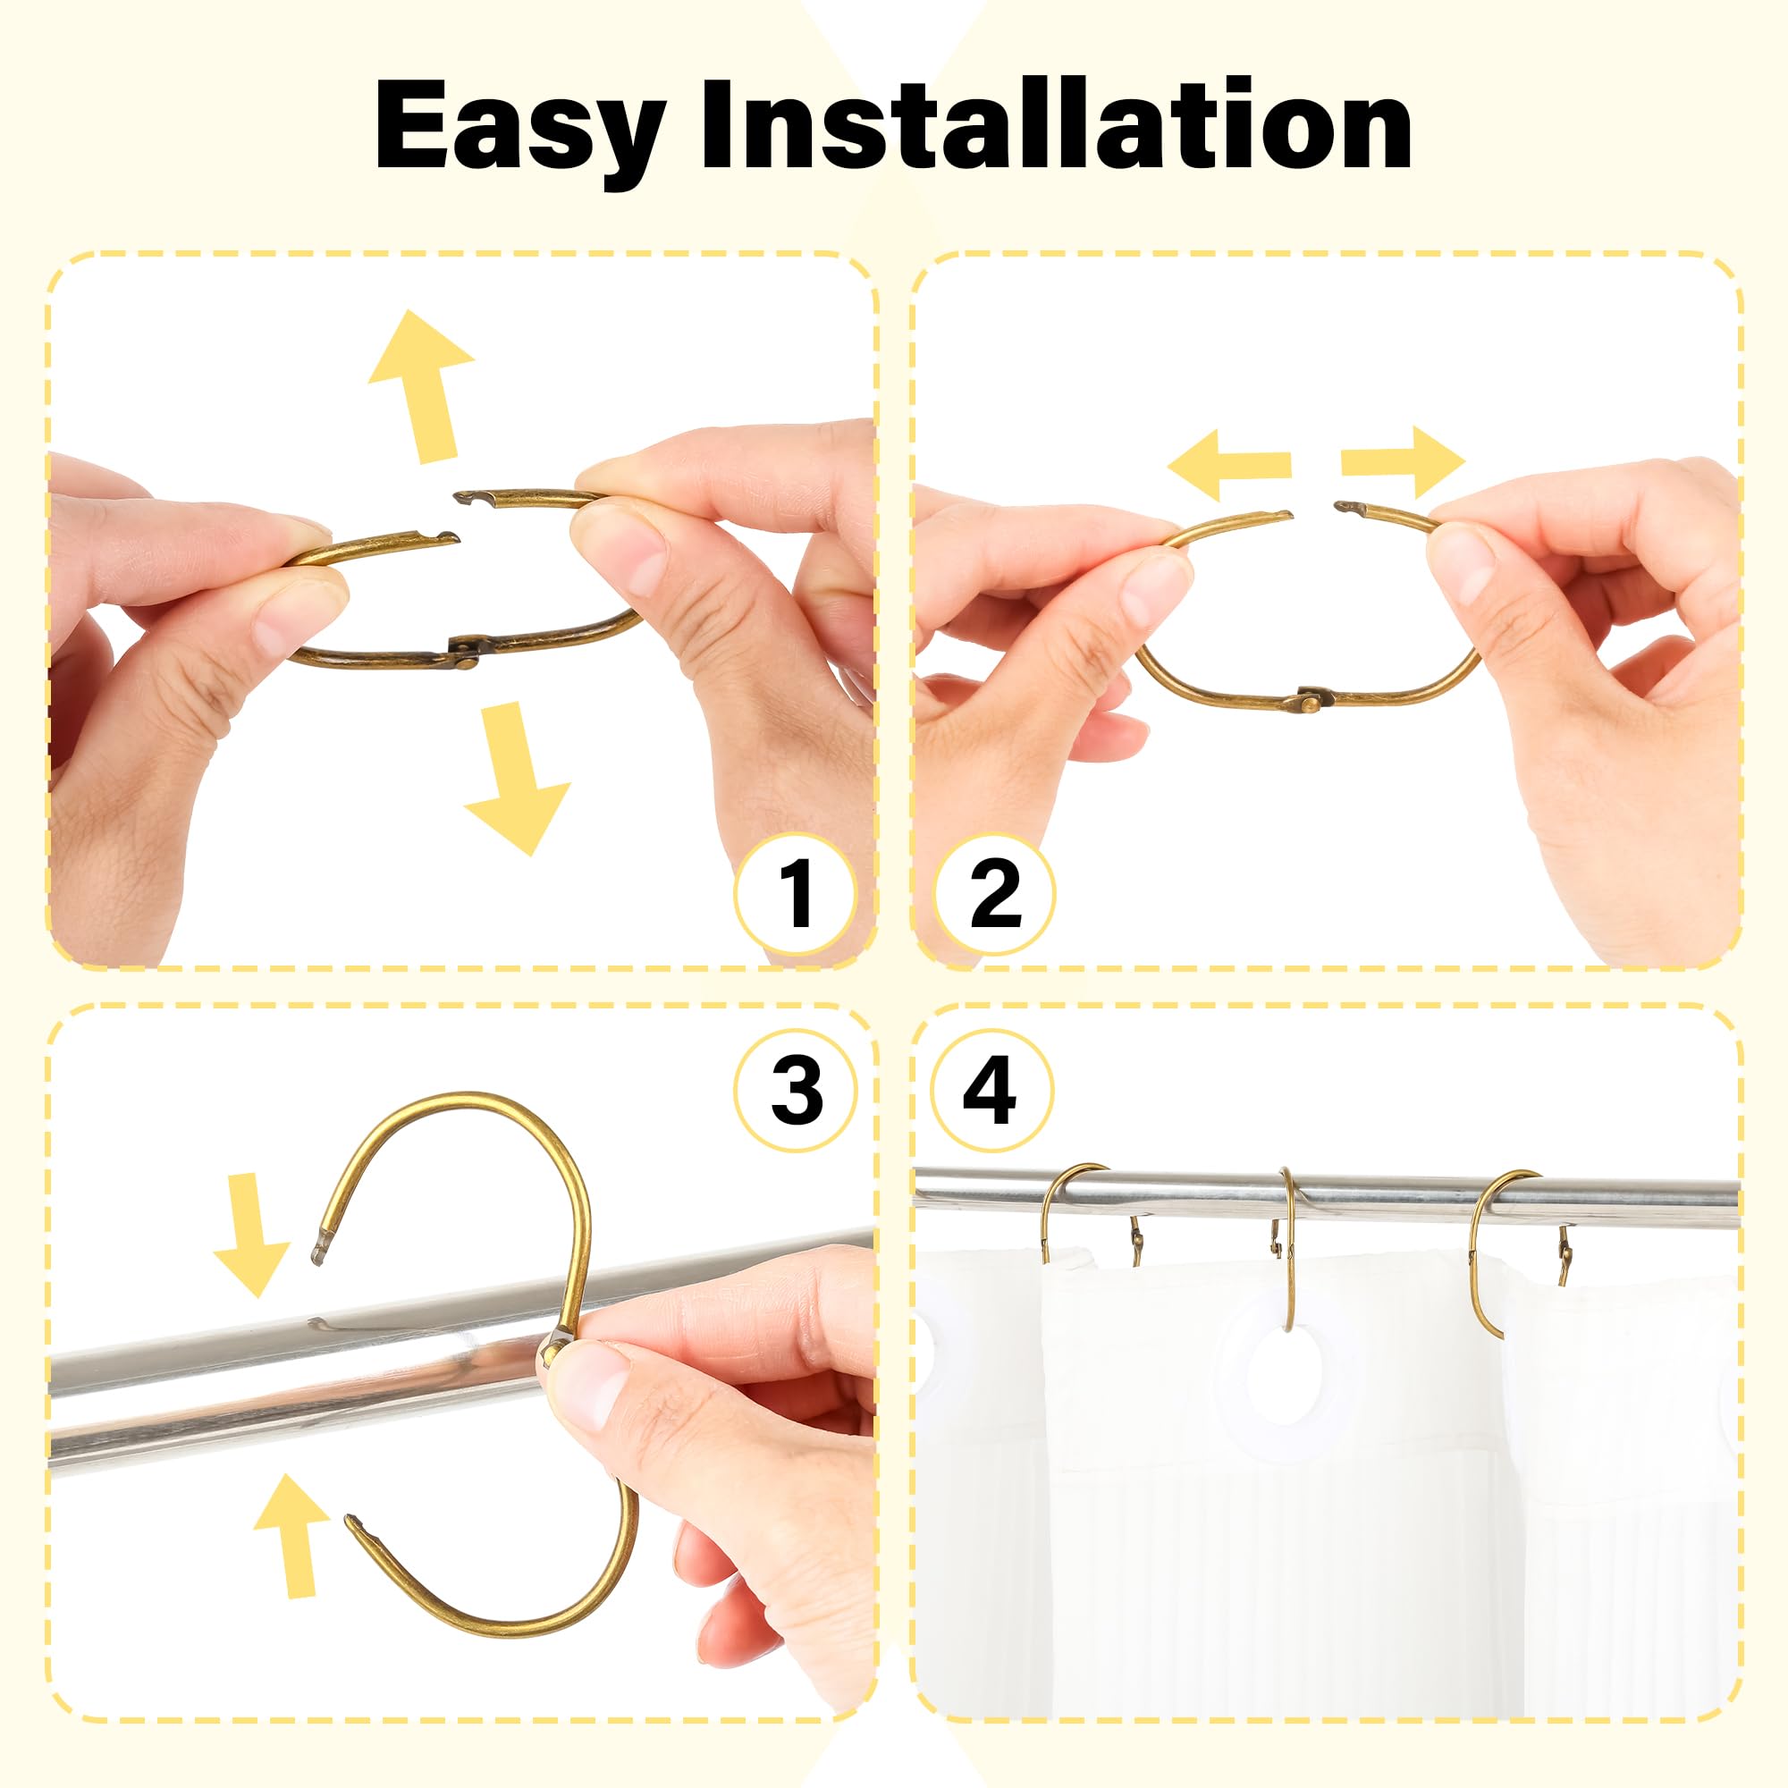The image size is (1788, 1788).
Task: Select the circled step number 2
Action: pyautogui.click(x=995, y=893)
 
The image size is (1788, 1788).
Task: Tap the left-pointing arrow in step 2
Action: pyautogui.click(x=1229, y=464)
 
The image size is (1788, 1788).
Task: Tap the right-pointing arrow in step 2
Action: pyautogui.click(x=1403, y=462)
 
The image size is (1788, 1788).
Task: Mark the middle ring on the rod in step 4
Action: pyautogui.click(x=1287, y=1250)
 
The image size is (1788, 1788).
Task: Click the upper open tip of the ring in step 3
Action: pyautogui.click(x=319, y=1251)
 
